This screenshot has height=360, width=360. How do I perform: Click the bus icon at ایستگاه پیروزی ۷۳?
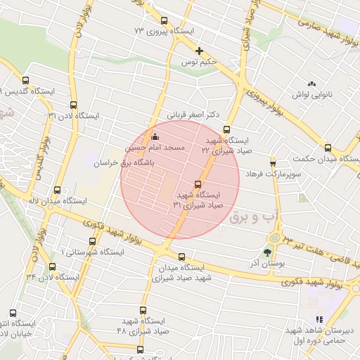coord(165,20)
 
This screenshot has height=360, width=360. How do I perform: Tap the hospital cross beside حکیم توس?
coord(200,51)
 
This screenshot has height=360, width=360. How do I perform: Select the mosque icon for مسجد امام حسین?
coord(155,136)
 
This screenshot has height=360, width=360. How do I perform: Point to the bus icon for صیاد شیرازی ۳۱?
coord(197,184)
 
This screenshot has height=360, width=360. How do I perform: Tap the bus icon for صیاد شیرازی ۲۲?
coord(226,129)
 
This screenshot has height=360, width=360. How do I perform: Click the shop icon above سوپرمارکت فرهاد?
coord(273,162)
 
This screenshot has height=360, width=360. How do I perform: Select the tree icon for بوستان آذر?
coord(267,252)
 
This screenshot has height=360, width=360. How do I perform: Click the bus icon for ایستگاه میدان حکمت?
coord(328,148)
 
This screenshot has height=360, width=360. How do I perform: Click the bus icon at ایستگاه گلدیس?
coord(26,80)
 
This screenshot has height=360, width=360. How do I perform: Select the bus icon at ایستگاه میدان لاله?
coord(57,189)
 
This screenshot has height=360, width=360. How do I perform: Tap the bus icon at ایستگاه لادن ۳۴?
coord(52,266)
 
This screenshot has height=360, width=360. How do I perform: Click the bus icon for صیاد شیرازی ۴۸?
coord(143,310)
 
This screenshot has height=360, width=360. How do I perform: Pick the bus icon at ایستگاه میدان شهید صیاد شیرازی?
coord(182,256)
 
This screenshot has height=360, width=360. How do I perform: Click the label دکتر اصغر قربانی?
coord(193,114)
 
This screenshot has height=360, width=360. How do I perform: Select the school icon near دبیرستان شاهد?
coord(320,319)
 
